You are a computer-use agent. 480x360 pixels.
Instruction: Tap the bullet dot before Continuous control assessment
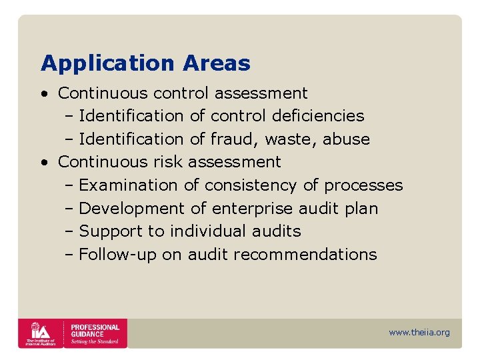tap(43, 93)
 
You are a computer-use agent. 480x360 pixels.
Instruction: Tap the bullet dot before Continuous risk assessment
tap(43, 162)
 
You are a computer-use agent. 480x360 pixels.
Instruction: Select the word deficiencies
tap(318, 116)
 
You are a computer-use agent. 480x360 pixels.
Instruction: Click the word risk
tap(167, 162)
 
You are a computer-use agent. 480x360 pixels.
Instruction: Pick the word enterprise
tap(252, 209)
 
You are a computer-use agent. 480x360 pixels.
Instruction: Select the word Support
tap(103, 231)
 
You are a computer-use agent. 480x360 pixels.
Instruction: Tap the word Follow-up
tap(117, 255)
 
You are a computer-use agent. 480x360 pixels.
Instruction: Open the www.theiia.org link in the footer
tap(419, 333)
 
